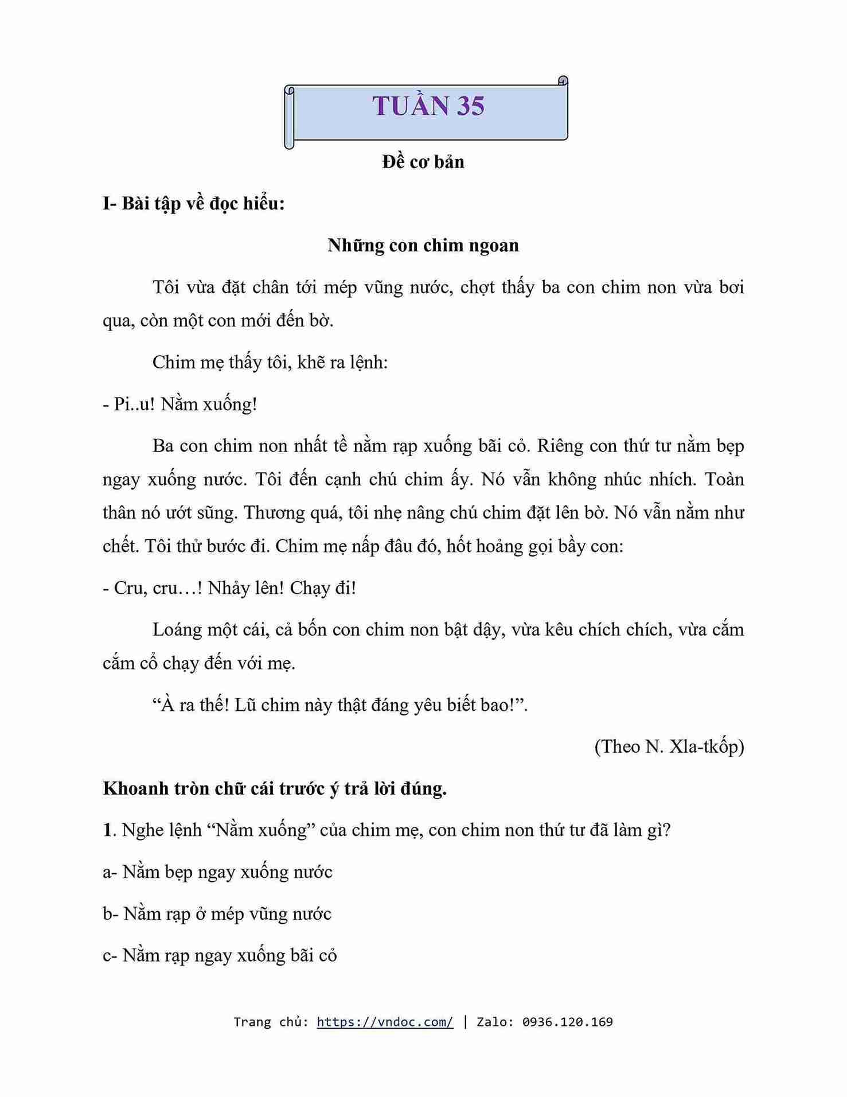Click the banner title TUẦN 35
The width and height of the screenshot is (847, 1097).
428,106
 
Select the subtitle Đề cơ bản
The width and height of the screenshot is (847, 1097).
423,162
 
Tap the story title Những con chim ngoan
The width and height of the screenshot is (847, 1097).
423,245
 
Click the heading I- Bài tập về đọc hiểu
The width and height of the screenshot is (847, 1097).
194,203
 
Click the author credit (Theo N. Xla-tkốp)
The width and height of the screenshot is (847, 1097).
669,746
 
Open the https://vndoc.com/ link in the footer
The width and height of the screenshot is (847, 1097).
385,1022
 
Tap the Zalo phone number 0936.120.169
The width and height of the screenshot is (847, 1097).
567,1022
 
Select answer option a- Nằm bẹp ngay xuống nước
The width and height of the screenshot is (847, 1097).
218,872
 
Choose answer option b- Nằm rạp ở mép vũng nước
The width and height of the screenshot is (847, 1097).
217,913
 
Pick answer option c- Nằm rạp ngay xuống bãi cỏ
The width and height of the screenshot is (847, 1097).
220,955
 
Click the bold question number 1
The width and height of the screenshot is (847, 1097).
107,830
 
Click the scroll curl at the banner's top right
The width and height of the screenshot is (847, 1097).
563,81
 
